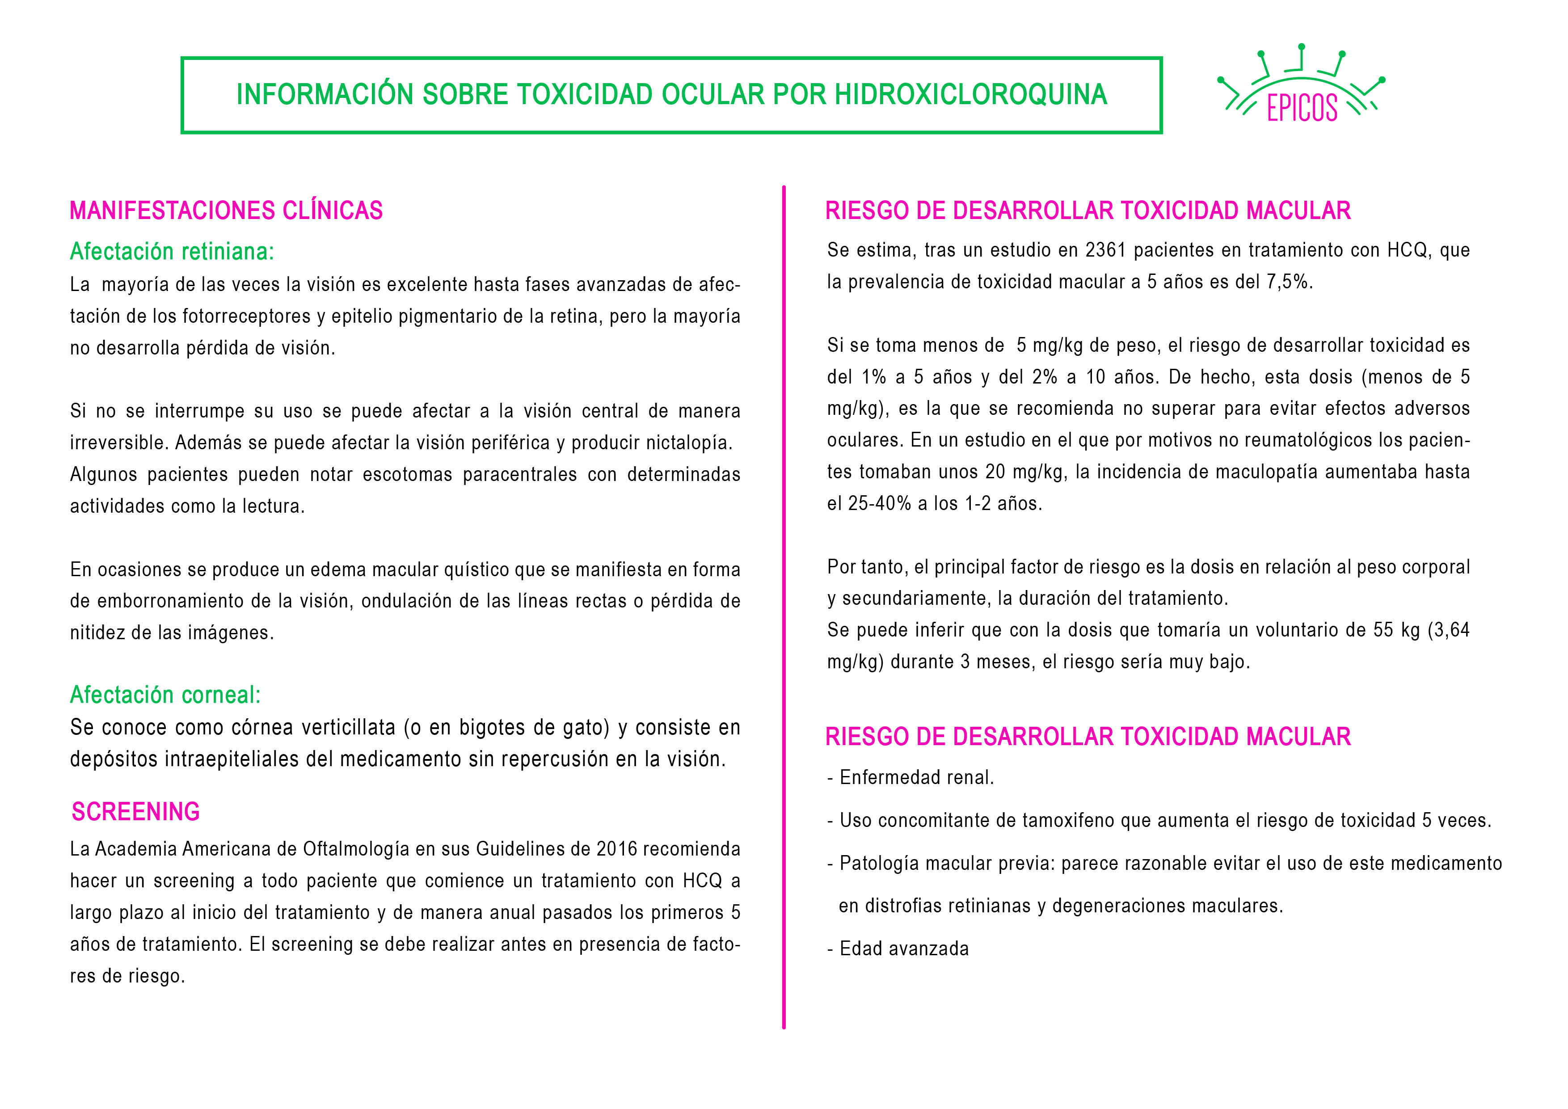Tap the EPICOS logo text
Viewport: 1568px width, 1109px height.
[1302, 108]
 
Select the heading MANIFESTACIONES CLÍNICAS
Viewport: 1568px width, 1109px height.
[226, 211]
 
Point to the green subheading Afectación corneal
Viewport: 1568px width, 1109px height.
[165, 695]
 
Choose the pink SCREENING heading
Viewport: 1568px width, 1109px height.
[136, 811]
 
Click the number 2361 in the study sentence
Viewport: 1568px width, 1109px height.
[1105, 250]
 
